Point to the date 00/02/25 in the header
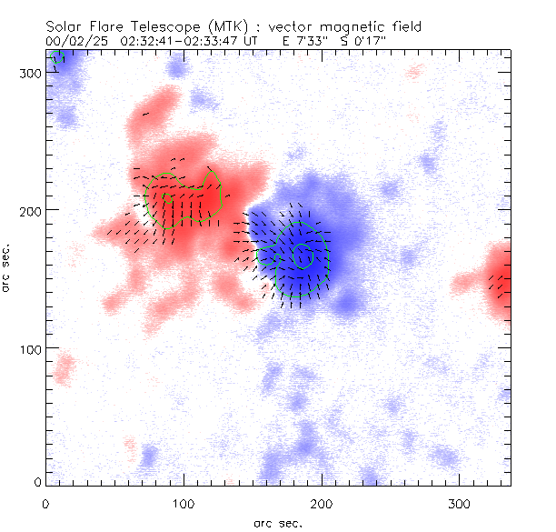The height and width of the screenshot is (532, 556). [x=74, y=41]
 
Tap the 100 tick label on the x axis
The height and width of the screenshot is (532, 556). [x=184, y=502]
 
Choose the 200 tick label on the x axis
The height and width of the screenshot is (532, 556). [x=322, y=502]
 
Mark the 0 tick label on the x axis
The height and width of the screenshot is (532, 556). [x=45, y=502]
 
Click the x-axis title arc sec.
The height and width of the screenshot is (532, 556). [x=278, y=521]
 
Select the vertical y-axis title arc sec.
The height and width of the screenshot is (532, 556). [x=8, y=268]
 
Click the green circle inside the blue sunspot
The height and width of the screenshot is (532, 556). [x=303, y=256]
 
